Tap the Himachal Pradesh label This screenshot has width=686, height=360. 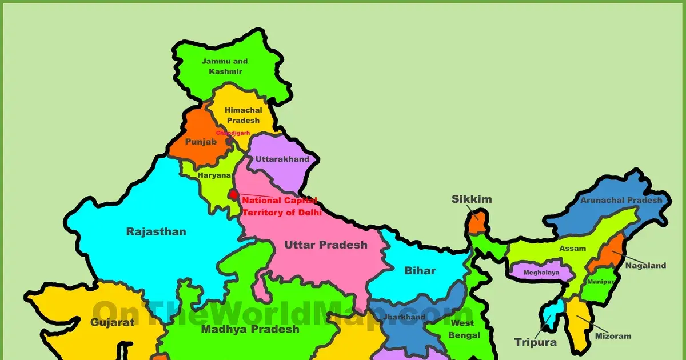tap(243, 115)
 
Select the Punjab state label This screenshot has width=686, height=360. tap(201, 142)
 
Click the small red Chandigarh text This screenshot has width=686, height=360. tap(233, 133)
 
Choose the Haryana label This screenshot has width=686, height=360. tap(214, 175)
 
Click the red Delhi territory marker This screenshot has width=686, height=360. tap(233, 195)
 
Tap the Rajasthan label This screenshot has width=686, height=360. tap(156, 231)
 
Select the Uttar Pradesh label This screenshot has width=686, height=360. tap(325, 245)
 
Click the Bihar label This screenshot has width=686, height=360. tap(420, 270)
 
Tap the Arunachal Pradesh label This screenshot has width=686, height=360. tap(621, 200)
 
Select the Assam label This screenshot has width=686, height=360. tap(572, 249)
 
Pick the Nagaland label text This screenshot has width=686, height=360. tap(645, 265)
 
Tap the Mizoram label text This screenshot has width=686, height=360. tap(613, 336)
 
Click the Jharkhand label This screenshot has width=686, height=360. tap(404, 317)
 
